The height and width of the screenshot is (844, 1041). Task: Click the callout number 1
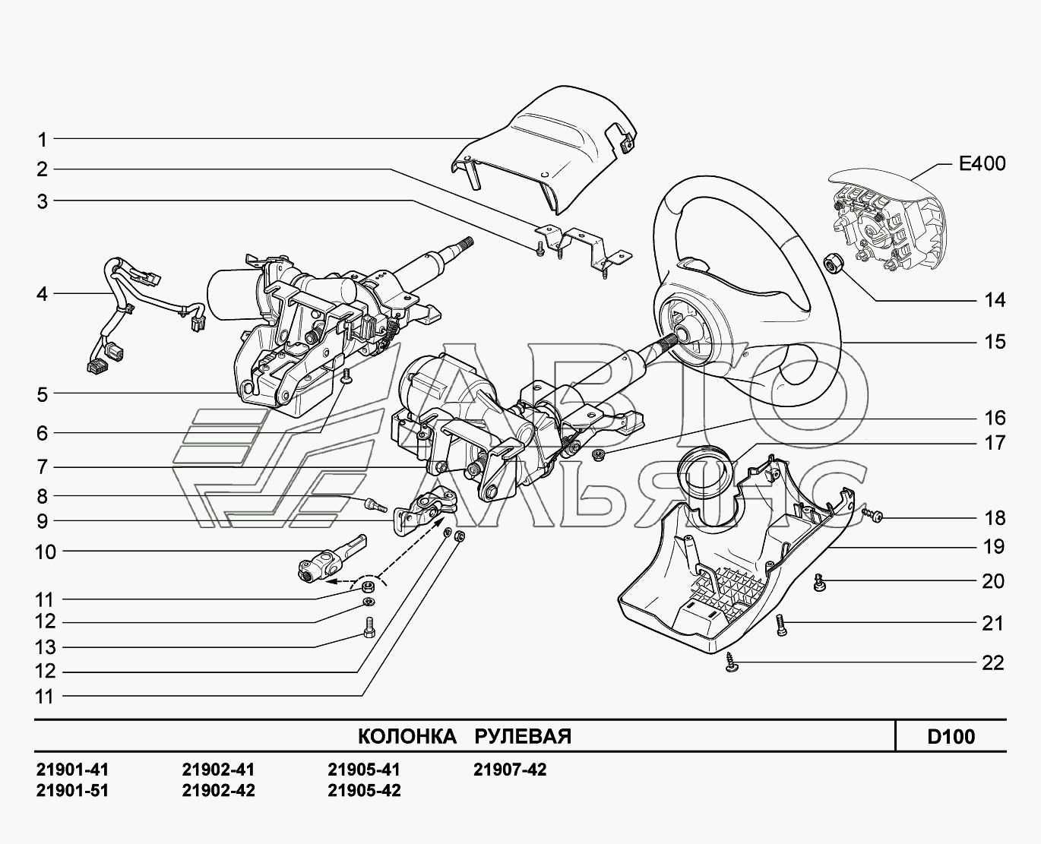[43, 140]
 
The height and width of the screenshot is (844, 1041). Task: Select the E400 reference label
[982, 163]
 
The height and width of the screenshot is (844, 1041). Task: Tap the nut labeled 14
[831, 263]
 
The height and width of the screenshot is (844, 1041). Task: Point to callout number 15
[995, 342]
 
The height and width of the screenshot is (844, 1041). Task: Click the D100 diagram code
[951, 736]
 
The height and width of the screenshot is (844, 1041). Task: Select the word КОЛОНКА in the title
[407, 736]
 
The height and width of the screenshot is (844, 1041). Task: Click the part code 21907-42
[510, 770]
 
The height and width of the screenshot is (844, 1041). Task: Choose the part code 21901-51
[72, 790]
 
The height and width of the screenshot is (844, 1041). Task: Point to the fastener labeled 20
[820, 582]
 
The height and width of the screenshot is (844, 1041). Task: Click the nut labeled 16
[598, 456]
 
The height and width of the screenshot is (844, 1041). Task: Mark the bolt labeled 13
[369, 627]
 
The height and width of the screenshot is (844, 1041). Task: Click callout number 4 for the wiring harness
[43, 294]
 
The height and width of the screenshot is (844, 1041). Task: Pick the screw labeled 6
[347, 375]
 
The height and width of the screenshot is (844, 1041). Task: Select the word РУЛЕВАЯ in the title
[523, 736]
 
